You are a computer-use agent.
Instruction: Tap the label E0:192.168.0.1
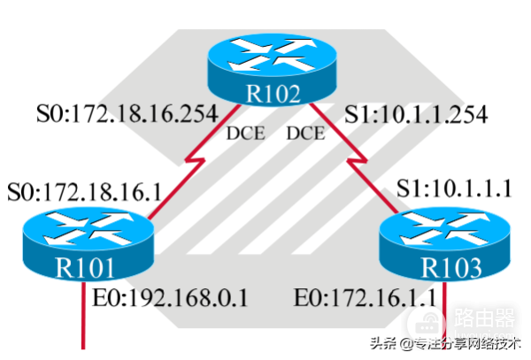coord(173,297)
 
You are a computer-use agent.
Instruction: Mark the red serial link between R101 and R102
coord(190,169)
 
